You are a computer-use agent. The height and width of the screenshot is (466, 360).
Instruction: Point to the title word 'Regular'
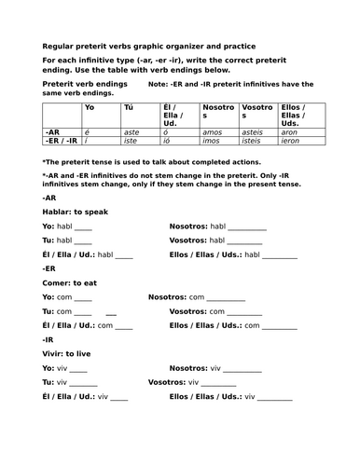[57, 46]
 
